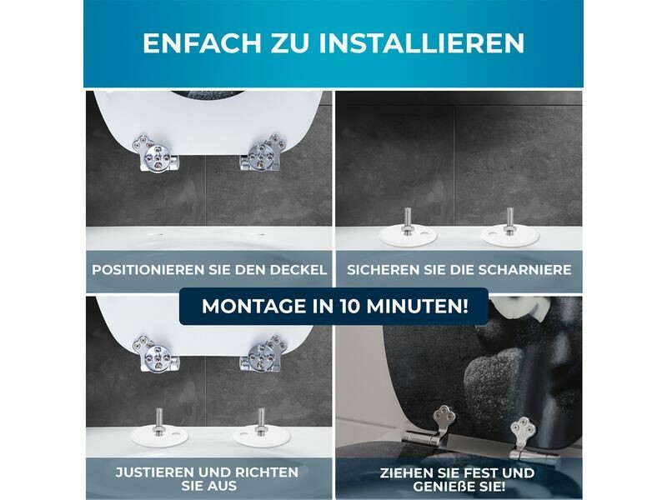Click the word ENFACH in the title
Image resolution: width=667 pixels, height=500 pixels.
coord(202,42)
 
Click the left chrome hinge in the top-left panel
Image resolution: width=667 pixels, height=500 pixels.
coord(156,153)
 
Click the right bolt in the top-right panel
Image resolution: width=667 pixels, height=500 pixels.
coord(509,220)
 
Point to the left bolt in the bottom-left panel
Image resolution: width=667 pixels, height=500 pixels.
coord(158,422)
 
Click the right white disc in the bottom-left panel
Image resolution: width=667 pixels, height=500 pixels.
coord(262,436)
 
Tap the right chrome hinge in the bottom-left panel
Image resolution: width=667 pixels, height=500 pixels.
coord(263,352)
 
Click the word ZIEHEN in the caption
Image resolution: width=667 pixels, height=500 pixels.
coord(405,472)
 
